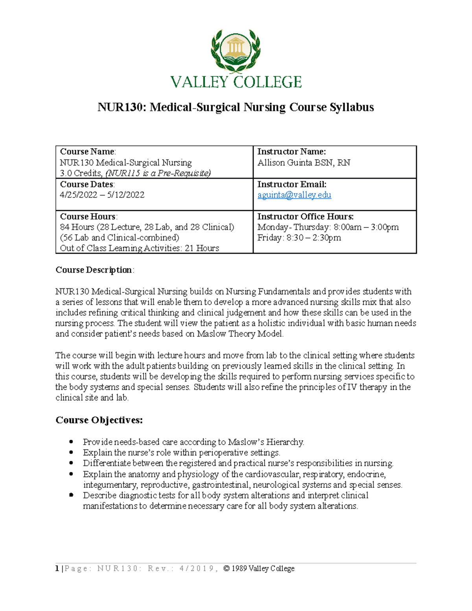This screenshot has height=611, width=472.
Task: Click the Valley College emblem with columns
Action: (236, 50)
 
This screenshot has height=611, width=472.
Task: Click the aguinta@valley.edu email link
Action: (294, 195)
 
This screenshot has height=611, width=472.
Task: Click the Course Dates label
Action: (87, 185)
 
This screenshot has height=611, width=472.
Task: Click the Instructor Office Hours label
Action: (305, 217)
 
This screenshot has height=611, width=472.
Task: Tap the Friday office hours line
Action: (299, 238)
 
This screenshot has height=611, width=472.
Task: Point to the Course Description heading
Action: (94, 270)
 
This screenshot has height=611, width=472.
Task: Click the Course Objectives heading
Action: (99, 420)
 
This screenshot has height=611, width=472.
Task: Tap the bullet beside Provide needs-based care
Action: (71, 442)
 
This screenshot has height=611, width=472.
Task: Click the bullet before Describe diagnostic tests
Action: (71, 495)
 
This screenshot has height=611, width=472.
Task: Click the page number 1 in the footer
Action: (57, 569)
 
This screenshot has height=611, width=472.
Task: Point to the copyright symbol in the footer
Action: (226, 569)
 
